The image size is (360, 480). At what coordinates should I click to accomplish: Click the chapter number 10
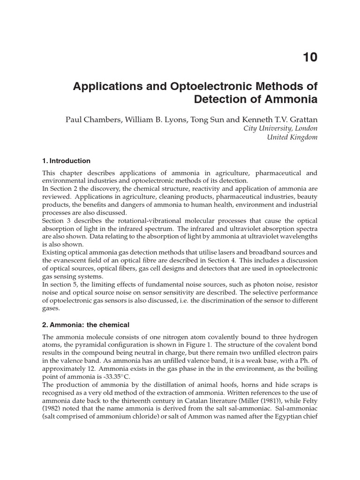[310, 57]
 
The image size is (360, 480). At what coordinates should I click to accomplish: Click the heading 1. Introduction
[66, 161]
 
